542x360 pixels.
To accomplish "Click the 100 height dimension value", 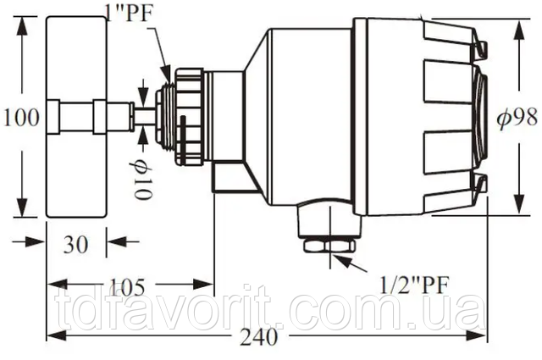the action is pos(21,118).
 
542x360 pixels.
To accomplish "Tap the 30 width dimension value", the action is pos(75,245).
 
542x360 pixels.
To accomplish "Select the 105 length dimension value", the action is pos(128,286).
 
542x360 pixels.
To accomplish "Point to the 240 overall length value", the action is pos(259,336).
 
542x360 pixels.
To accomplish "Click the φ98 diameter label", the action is pos(517,117).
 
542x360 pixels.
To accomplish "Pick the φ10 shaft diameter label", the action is pos(142,180).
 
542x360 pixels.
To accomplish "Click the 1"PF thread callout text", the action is pos(130,14).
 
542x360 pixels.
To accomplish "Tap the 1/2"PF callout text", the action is pos(414,285).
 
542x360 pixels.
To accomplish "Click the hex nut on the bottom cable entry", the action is pos(329,246).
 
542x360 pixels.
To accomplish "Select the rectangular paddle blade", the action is pos(76,117).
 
